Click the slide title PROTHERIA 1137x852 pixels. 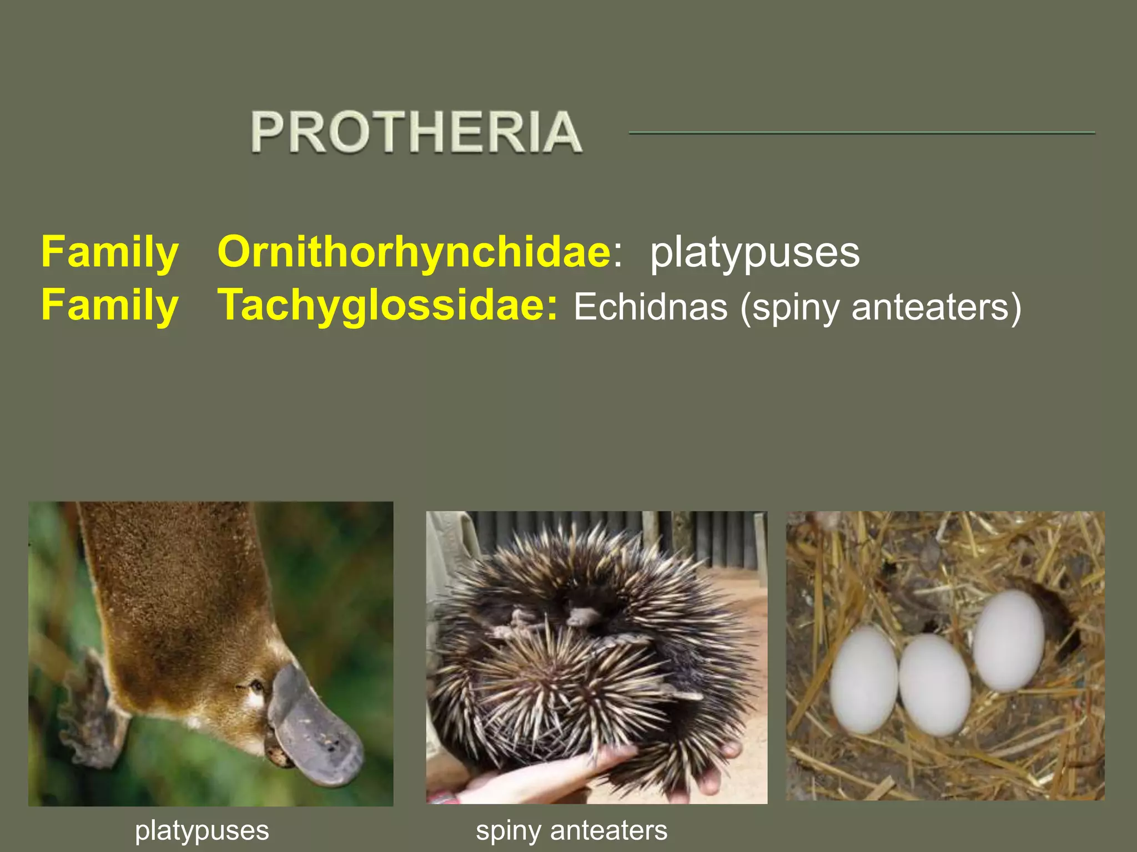[x=416, y=131]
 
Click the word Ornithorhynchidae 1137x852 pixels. [x=414, y=252]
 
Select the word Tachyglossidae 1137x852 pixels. [x=387, y=306]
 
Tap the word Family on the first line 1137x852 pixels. [x=110, y=252]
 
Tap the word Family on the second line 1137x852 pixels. [x=110, y=306]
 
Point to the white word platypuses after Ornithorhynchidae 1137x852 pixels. [x=754, y=252]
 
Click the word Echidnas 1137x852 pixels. [x=650, y=307]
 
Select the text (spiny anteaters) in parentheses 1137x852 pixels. [x=881, y=307]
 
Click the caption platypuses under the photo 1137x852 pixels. [x=202, y=830]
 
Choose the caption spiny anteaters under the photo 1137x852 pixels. [x=571, y=830]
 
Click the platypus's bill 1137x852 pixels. [x=316, y=732]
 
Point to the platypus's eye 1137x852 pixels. [x=257, y=687]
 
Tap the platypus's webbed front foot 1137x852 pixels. [x=94, y=716]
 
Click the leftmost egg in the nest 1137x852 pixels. [x=863, y=679]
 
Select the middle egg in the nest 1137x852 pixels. [x=934, y=685]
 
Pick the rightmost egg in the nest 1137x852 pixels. [x=1008, y=641]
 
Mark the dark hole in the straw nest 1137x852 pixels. [x=1058, y=616]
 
